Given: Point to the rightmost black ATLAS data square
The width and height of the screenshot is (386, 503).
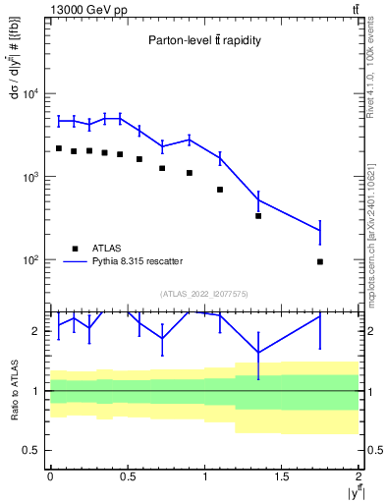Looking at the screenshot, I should (x=320, y=261).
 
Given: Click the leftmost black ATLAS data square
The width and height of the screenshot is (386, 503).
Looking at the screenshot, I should (x=59, y=148).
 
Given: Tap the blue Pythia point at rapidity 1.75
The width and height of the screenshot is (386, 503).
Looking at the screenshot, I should (x=320, y=230).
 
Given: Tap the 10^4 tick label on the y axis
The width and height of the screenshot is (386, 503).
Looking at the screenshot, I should (x=29, y=94).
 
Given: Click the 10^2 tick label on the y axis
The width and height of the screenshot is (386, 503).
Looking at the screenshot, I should (x=29, y=260).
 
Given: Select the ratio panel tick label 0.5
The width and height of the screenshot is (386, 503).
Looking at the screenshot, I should (x=29, y=451).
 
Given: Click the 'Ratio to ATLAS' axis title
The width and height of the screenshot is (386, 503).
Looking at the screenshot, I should (x=13, y=390).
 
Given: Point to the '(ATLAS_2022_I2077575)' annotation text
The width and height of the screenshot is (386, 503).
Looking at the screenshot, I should (x=204, y=293).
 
